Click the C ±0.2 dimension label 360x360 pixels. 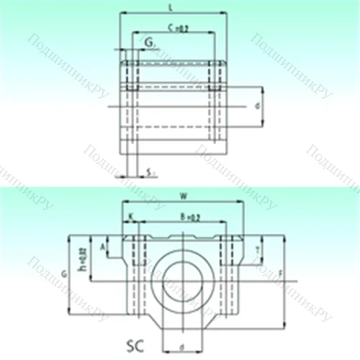coord(173,28)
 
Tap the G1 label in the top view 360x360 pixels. coord(148,44)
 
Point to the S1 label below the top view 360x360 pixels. coord(148,171)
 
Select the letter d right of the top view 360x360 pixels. coord(257,106)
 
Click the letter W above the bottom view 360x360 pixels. coord(184,195)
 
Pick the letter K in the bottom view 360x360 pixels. coord(130,216)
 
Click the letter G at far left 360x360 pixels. coord(66,274)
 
